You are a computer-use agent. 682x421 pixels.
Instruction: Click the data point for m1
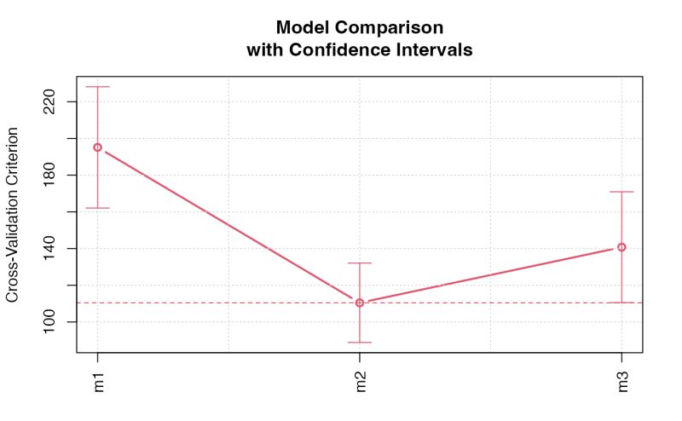pos(97,147)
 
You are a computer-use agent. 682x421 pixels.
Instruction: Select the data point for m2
pos(360,303)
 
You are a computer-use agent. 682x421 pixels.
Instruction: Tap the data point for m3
pos(621,247)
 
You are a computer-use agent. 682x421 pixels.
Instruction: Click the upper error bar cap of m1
pos(97,87)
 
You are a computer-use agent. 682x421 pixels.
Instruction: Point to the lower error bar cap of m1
pos(97,208)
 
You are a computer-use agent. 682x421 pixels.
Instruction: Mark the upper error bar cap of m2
pos(360,263)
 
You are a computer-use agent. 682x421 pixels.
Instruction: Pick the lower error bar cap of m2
pos(360,343)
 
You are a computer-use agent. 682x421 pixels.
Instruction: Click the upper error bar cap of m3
pos(621,192)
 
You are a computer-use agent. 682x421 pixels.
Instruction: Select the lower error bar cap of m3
pos(621,303)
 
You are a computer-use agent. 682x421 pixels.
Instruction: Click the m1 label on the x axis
pos(97,383)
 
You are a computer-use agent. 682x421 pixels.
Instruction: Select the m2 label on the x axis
pos(360,383)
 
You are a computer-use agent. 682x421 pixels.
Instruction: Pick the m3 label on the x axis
pos(621,383)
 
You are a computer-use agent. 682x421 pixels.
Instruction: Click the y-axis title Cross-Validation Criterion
pos(13,215)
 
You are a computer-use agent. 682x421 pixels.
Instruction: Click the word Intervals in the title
pos(435,50)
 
